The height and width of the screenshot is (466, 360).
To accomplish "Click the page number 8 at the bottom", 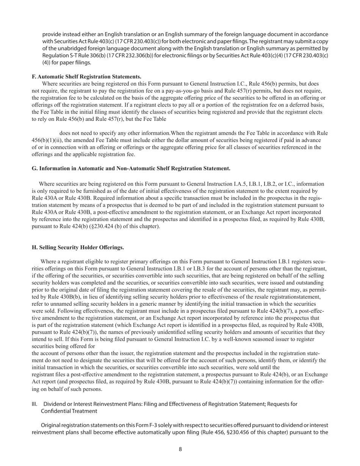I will [180, 449].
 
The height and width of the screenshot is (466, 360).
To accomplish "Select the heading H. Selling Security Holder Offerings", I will [78, 247].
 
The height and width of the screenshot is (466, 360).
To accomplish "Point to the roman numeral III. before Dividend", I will [34, 404].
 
